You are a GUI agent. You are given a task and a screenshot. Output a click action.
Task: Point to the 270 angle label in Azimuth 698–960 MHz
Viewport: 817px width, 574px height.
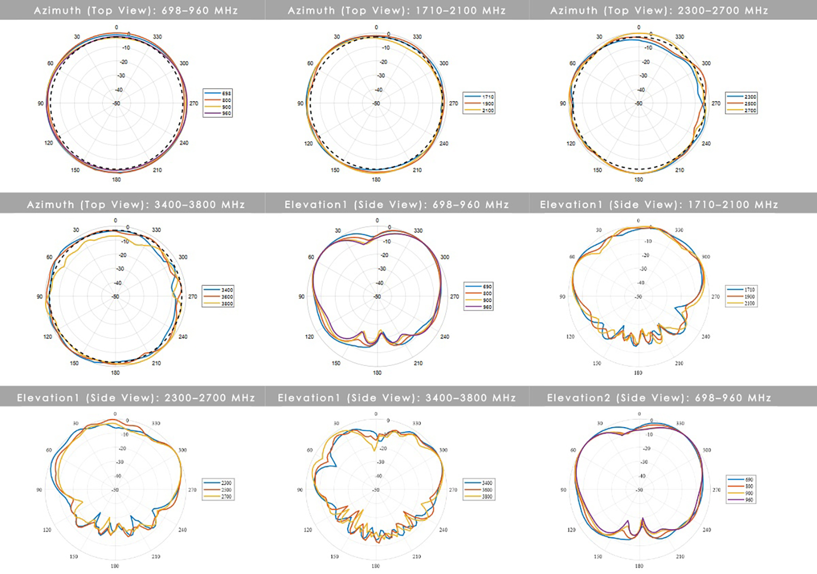[x=194, y=103]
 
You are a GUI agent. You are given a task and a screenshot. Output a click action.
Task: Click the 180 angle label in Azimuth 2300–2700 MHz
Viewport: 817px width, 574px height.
[x=638, y=180]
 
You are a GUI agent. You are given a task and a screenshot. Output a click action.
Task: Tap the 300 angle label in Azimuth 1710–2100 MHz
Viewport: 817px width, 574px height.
[x=444, y=63]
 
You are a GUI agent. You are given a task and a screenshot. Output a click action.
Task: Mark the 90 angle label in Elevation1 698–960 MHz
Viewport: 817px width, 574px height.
[x=301, y=296]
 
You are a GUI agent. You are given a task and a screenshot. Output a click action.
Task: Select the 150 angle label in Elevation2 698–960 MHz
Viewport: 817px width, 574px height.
[x=597, y=557]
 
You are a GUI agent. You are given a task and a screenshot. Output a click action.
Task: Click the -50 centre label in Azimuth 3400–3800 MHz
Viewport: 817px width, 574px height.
[x=115, y=296]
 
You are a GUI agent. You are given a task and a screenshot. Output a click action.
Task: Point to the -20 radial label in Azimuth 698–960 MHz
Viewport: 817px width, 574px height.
[x=124, y=62]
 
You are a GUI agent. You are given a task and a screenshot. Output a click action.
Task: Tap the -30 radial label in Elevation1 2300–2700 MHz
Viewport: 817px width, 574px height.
[x=119, y=462]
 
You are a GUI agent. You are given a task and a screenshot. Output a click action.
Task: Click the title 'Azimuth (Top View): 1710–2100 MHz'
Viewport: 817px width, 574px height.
[x=397, y=10]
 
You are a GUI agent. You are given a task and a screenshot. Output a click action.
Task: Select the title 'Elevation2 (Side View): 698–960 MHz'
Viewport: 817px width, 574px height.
[x=659, y=397]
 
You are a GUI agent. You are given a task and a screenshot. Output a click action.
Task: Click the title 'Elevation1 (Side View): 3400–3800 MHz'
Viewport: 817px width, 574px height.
[x=397, y=397]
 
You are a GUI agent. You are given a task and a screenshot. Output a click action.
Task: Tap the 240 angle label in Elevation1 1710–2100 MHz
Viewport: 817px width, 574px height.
[x=706, y=337]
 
